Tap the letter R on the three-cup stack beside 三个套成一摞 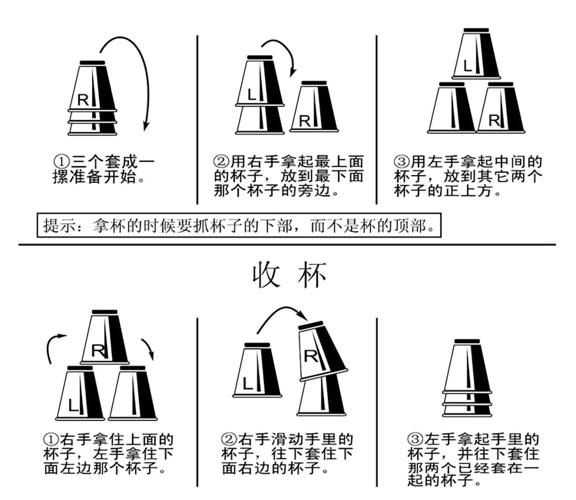point(83,99)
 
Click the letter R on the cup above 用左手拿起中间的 point(494,120)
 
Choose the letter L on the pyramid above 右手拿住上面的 point(74,405)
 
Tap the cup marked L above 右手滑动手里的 point(257,372)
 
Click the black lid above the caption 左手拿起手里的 point(468,342)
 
